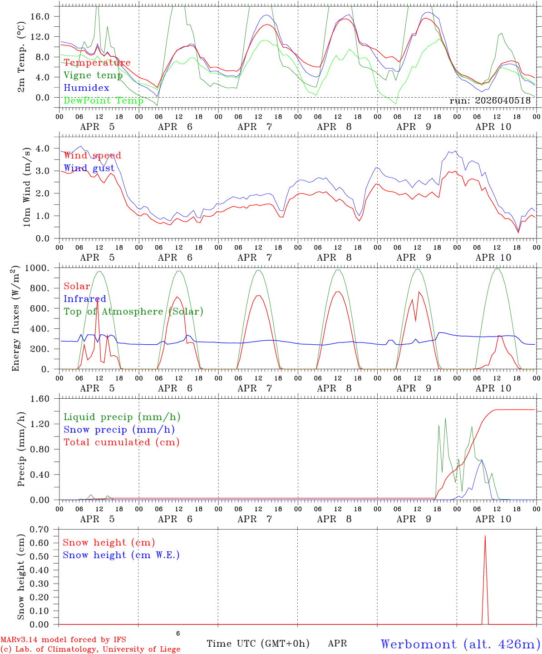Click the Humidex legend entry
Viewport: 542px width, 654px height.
click(86, 88)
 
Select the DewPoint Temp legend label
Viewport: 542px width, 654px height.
click(103, 100)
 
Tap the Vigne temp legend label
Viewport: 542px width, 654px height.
click(93, 75)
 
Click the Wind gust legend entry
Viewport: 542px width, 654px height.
click(89, 168)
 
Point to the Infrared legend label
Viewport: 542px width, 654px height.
click(85, 299)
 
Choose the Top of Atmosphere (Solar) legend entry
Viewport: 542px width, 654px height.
click(133, 312)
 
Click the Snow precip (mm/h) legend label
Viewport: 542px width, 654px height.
click(119, 430)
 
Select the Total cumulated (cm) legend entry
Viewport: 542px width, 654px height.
click(122, 442)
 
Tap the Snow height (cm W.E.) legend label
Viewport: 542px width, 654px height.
click(121, 555)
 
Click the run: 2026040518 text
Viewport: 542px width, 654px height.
click(490, 101)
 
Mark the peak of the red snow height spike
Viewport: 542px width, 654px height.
click(485, 536)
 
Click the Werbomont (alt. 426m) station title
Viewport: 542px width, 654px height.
click(460, 644)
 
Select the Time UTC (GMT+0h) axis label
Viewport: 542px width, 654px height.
click(258, 644)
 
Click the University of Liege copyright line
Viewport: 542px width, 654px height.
click(90, 649)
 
